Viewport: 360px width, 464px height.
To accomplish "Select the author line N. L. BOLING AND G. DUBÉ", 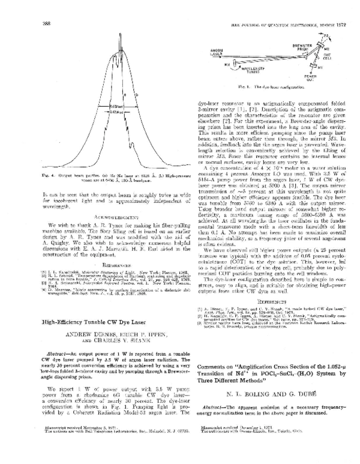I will pyautogui.click(x=268, y=396).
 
